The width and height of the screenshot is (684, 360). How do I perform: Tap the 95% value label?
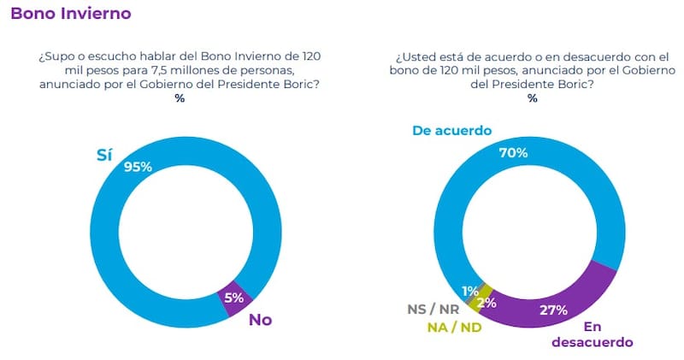pyautogui.click(x=138, y=167)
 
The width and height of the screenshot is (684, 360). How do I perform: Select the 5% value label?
pyautogui.click(x=234, y=298)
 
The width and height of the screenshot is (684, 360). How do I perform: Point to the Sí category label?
pyautogui.click(x=103, y=156)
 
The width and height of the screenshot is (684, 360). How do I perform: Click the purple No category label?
pyautogui.click(x=261, y=320)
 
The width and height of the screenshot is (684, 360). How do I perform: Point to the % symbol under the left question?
pyautogui.click(x=180, y=98)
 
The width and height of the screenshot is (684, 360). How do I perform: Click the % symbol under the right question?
pyautogui.click(x=533, y=98)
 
